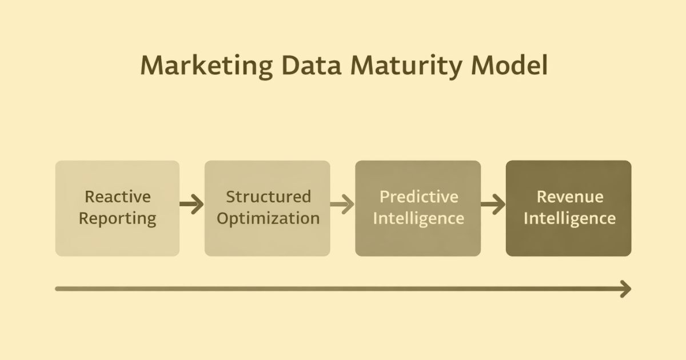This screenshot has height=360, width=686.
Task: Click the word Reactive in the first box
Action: (118, 197)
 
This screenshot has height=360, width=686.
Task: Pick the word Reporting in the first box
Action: (118, 219)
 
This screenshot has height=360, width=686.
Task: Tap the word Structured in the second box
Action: (268, 197)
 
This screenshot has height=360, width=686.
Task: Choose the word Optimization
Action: (268, 219)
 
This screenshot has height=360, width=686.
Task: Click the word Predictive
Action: (419, 197)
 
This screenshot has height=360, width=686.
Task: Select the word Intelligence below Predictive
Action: (418, 219)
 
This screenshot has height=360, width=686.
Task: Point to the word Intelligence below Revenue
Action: (569, 219)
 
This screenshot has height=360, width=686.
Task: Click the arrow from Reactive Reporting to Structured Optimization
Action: (192, 204)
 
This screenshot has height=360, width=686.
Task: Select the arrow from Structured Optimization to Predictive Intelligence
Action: (342, 204)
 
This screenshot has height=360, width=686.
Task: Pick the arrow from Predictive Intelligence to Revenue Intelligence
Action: (493, 204)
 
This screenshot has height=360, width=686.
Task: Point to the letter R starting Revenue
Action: (541, 197)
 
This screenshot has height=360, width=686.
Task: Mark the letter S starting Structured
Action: (230, 197)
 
